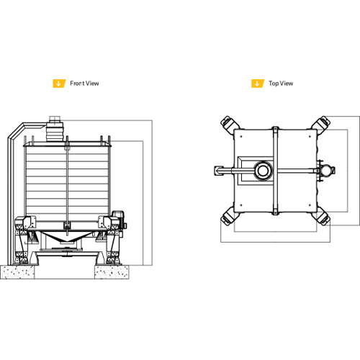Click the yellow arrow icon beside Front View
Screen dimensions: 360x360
(59, 84)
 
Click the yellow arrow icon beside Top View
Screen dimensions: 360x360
(258, 84)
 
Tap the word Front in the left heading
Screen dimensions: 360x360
(77, 84)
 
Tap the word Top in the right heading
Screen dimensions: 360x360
(274, 84)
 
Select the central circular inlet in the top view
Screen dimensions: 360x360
(264, 171)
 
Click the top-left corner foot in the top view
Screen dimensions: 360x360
(229, 125)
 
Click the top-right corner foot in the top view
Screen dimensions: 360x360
(321, 125)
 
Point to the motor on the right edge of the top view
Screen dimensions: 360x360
(326, 171)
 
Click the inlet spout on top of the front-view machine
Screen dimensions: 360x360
(55, 129)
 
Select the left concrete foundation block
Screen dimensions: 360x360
(17, 272)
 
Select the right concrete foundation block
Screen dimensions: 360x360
(112, 272)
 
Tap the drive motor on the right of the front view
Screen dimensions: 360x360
(119, 220)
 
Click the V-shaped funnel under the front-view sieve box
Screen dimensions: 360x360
(66, 237)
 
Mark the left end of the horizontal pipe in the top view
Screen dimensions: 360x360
(215, 171)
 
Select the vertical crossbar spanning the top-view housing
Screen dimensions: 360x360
(275, 171)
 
